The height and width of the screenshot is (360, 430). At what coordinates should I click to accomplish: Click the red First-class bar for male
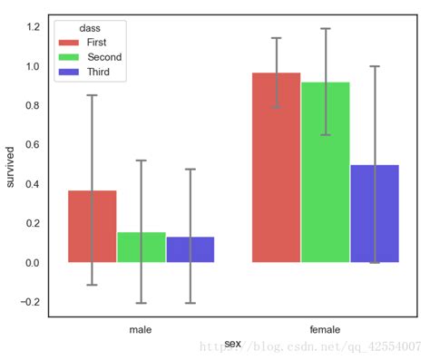coord(93,227)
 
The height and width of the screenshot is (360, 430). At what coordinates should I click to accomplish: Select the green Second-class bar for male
coord(142,248)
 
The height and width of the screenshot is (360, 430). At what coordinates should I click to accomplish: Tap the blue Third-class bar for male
coord(191,249)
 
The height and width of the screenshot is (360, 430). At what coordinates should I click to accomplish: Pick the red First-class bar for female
coord(277,168)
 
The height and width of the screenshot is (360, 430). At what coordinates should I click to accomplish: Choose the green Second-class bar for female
coord(326,172)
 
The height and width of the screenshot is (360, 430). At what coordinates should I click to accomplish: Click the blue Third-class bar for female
coord(375,214)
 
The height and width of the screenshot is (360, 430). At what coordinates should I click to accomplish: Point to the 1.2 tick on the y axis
coord(33,27)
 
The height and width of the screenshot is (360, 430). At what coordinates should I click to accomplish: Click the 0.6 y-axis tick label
coord(33,145)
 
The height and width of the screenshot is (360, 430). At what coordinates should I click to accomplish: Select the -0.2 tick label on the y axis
coord(30,302)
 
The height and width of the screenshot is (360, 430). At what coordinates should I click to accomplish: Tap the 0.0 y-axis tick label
coord(33,263)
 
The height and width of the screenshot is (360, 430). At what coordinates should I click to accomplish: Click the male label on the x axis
coord(141,329)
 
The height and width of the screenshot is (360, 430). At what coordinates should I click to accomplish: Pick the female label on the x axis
coord(325,329)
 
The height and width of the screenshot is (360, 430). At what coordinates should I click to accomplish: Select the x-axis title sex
coord(233,343)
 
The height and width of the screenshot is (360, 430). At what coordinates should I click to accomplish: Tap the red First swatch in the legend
coord(69,42)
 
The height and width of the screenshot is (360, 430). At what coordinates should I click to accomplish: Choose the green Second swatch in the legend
coord(69,57)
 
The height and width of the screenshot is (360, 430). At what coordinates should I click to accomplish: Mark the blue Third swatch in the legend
coord(69,73)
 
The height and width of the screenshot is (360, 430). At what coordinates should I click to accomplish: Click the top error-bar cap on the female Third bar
coord(375,66)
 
